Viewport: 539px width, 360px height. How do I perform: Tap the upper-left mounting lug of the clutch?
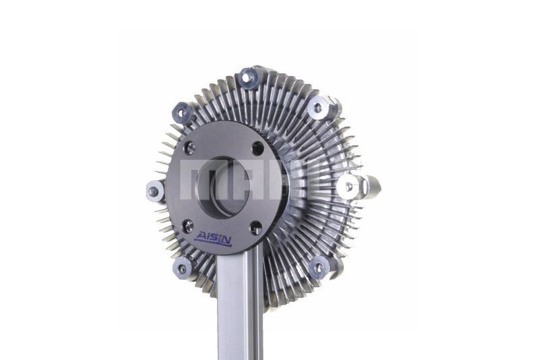183,112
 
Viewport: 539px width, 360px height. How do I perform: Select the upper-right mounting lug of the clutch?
319,108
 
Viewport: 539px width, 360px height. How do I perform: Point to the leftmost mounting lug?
154,191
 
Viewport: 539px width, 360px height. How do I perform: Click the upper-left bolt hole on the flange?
189,148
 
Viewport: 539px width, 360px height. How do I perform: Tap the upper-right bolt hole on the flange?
257,148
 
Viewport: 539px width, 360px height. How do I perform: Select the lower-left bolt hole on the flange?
189,226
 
